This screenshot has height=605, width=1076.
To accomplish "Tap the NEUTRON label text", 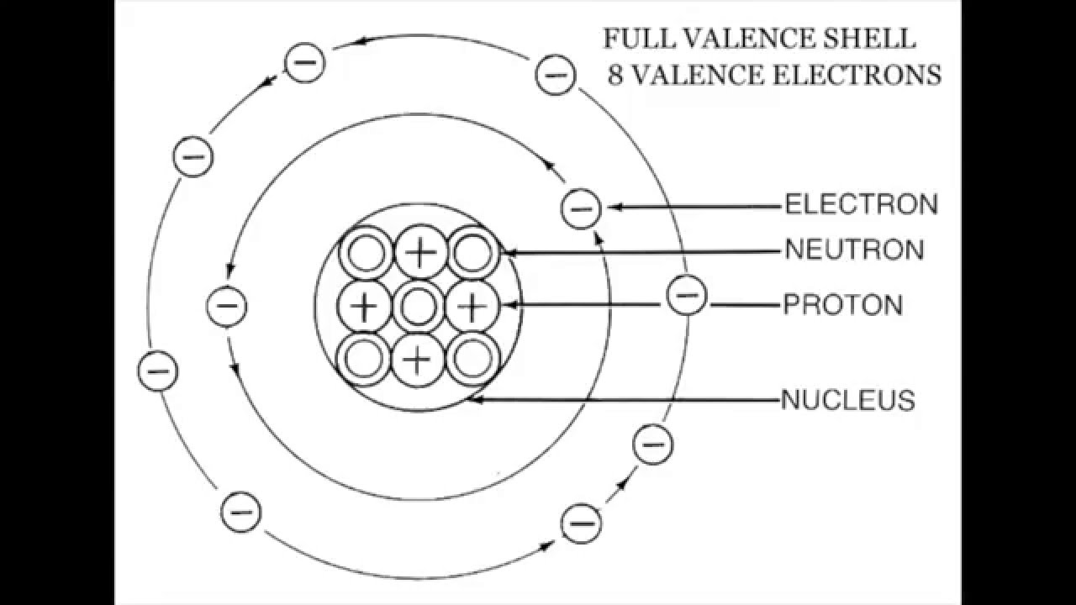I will pyautogui.click(x=854, y=250).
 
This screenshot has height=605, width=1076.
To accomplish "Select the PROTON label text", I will pyautogui.click(x=843, y=304).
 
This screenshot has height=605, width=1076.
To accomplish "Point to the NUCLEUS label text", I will pyautogui.click(x=848, y=400).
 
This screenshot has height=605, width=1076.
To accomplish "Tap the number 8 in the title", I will pyautogui.click(x=616, y=75).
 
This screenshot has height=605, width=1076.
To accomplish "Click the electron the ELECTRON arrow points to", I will pyautogui.click(x=581, y=208).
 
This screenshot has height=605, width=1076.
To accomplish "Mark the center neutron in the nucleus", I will pyautogui.click(x=417, y=307).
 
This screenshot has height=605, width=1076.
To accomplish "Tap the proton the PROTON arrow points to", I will pyautogui.click(x=472, y=307).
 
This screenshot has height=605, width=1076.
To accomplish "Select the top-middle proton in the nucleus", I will pyautogui.click(x=418, y=252).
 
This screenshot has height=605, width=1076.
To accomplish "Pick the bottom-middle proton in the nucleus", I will pyautogui.click(x=417, y=360).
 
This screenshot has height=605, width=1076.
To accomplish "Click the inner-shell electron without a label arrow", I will pyautogui.click(x=226, y=305).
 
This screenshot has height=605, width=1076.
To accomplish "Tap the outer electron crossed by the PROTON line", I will pyautogui.click(x=687, y=296).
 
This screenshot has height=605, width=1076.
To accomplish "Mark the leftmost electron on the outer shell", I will pyautogui.click(x=157, y=371).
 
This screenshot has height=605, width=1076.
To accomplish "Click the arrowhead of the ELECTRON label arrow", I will pyautogui.click(x=611, y=207).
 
